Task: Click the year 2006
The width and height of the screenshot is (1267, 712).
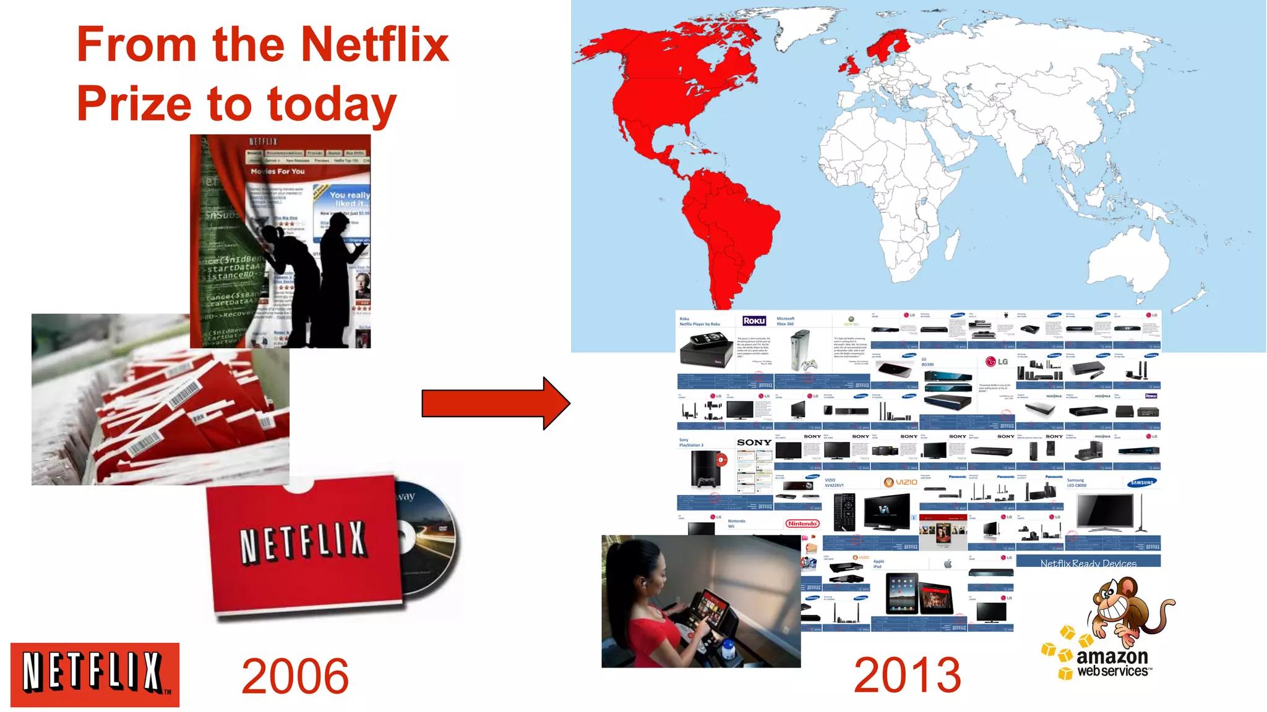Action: click(x=294, y=676)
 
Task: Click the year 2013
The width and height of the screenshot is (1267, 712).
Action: click(x=907, y=675)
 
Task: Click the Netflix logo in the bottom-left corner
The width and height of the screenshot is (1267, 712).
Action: click(x=95, y=674)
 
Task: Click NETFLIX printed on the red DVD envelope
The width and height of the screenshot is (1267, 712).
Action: click(x=303, y=542)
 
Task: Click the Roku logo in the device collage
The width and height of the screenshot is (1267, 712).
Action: click(x=754, y=321)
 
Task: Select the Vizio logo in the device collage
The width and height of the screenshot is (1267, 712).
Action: click(x=901, y=482)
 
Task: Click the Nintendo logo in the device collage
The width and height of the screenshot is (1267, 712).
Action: click(x=802, y=523)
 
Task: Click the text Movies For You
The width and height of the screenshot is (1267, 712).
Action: click(x=278, y=171)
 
